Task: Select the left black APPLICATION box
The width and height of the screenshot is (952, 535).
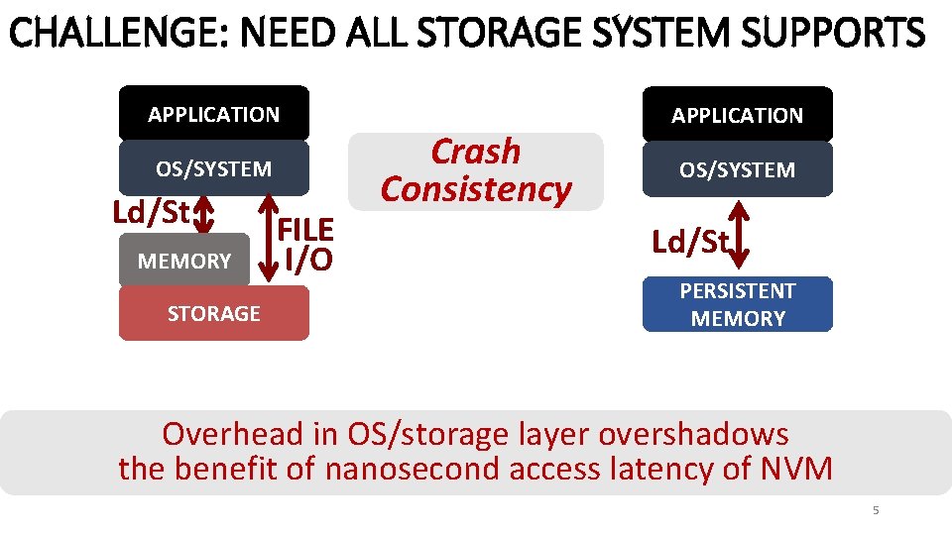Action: (x=214, y=114)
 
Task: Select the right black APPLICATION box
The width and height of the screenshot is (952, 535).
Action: (x=737, y=115)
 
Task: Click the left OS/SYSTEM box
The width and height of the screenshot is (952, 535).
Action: (x=214, y=168)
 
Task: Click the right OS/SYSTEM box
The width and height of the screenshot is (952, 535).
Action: (x=737, y=169)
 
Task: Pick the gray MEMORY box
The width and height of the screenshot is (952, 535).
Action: (x=184, y=262)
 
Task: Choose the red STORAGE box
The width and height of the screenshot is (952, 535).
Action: (x=214, y=314)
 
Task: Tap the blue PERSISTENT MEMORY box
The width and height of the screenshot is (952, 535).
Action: (x=737, y=304)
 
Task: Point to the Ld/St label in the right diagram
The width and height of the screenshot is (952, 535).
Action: (x=688, y=242)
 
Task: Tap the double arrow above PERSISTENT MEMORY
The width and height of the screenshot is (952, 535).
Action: (x=740, y=234)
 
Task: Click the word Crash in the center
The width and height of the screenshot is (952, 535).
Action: (x=475, y=152)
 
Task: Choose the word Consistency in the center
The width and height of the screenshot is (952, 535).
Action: (x=476, y=188)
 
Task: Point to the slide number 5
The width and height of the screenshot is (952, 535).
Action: (x=875, y=510)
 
